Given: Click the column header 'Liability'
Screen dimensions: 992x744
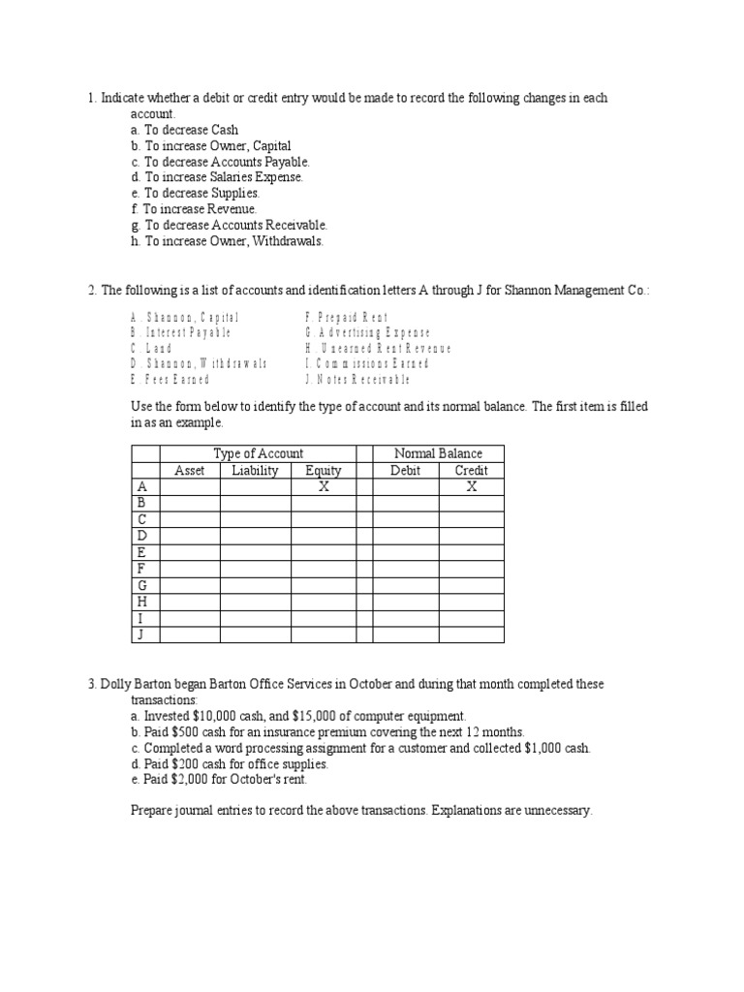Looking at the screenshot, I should (x=255, y=471).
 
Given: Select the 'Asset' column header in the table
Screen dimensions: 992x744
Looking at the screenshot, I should (x=189, y=471).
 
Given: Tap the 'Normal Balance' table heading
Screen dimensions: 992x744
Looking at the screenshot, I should (x=438, y=453).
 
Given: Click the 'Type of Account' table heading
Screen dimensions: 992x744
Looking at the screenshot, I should (x=258, y=453).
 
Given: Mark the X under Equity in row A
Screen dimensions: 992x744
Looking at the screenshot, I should (x=324, y=487).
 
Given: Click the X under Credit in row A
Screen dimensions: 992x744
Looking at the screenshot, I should (x=471, y=487).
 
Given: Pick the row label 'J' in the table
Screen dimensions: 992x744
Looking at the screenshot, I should (x=141, y=635).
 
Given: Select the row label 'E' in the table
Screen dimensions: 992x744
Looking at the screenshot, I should (x=141, y=552).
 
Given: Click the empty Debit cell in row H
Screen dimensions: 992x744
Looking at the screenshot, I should (x=406, y=602).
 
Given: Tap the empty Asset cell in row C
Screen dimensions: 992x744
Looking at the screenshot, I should (x=189, y=519).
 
